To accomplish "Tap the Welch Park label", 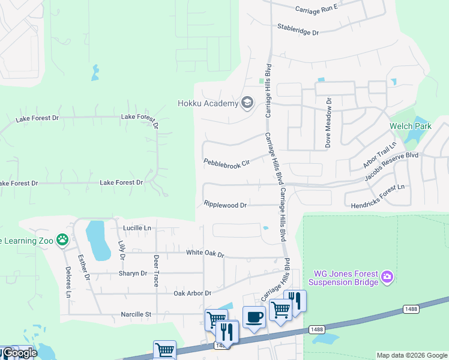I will pos(411,126).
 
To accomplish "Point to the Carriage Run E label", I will pos(317,8).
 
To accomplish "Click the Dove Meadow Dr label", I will pos(328,122).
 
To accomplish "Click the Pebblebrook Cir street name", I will pos(226,162).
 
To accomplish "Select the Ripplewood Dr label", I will pos(225,205).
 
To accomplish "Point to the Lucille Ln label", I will pos(137,228).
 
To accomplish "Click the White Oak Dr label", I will pos(205,254).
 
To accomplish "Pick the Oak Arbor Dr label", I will pos(193,293).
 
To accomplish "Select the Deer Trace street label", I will pos(156,271).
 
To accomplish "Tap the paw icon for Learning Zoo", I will pos(62,240).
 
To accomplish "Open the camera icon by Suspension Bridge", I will pos(388,276).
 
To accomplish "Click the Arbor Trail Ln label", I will pos(380,155).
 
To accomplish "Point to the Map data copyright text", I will pos(412,355).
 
